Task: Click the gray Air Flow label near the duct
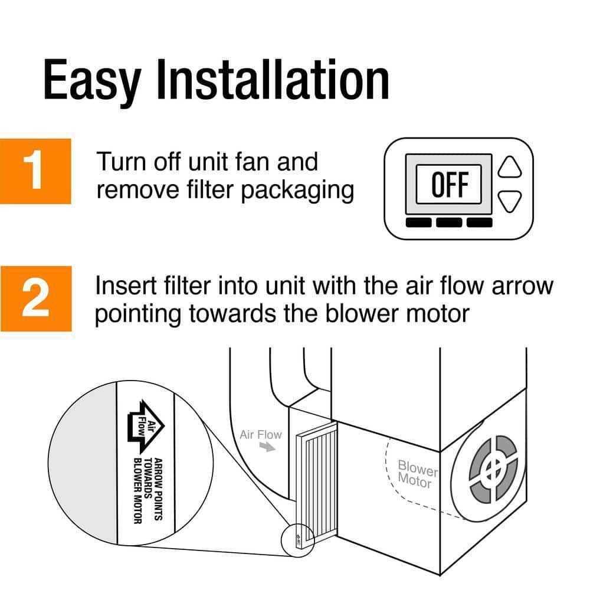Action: pos(261,435)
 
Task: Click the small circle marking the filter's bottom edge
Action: pos(297,538)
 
